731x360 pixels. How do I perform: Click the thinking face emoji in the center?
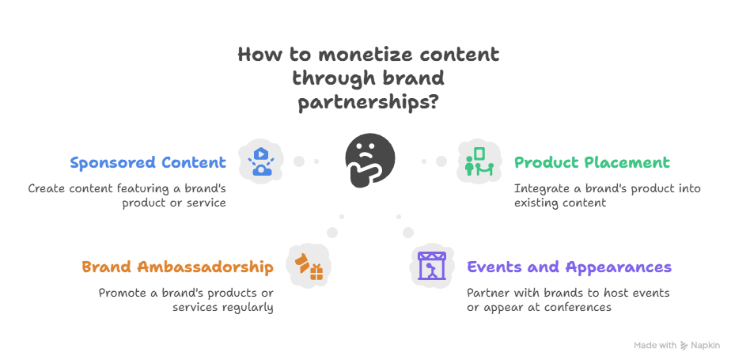click(369, 159)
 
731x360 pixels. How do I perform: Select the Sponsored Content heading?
click(148, 163)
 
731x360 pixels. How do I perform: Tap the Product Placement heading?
click(592, 163)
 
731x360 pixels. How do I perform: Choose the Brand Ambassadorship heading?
click(177, 267)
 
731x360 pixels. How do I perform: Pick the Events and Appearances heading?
click(569, 267)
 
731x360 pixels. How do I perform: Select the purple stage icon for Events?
click(432, 267)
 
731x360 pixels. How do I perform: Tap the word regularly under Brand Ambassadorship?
click(244, 306)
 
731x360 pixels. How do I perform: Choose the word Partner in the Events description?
click(489, 293)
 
